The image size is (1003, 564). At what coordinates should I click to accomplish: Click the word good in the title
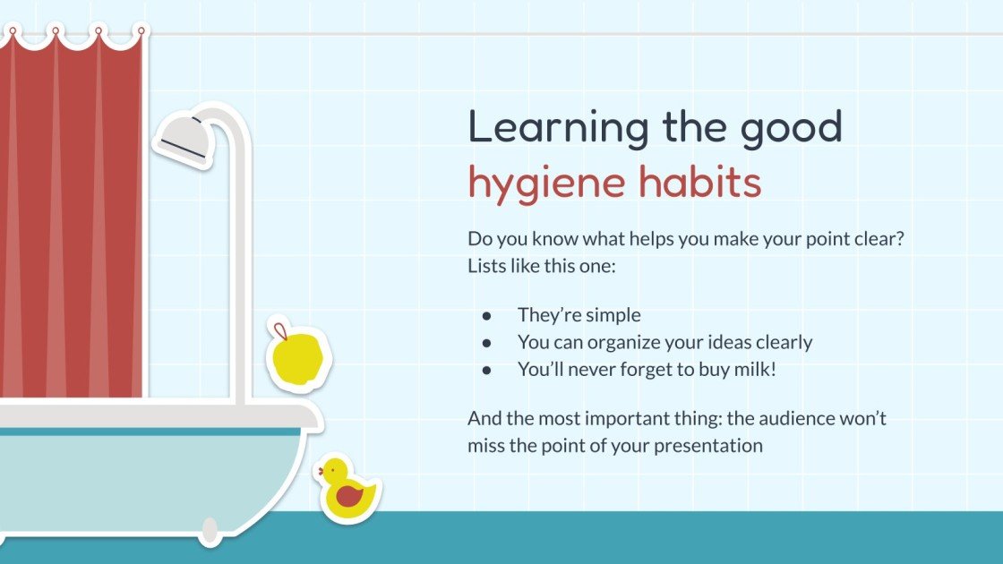click(x=791, y=128)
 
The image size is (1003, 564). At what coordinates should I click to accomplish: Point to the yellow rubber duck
click(x=347, y=491)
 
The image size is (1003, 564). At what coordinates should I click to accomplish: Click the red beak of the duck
click(x=320, y=469)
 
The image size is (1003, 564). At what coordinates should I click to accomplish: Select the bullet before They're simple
click(x=486, y=315)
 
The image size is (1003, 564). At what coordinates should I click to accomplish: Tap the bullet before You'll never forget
click(x=486, y=368)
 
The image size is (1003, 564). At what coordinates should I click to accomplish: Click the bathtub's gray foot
click(x=210, y=533)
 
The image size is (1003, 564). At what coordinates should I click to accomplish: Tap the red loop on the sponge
click(x=279, y=329)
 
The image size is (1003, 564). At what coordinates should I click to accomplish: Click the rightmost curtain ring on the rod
click(x=140, y=32)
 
